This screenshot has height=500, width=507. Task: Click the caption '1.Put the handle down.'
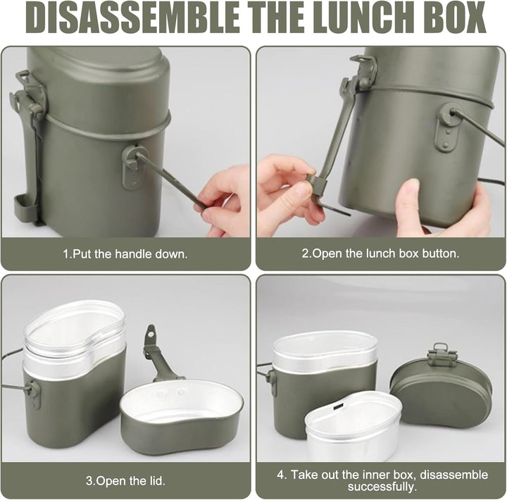[125, 254]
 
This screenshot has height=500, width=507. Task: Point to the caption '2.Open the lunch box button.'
[380, 254]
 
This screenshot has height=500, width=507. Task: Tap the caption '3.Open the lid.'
[125, 481]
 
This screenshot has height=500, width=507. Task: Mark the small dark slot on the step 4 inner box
[338, 406]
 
